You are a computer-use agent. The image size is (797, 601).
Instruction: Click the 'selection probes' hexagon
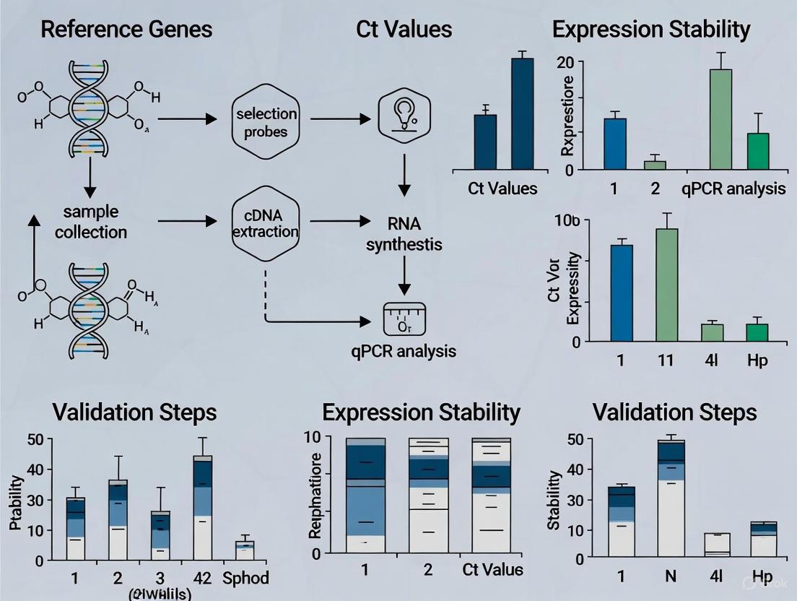(265, 122)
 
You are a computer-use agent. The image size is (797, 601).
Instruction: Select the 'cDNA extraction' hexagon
(265, 222)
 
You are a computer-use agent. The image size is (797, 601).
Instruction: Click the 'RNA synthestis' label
(404, 233)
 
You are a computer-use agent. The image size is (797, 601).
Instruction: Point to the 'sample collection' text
(90, 222)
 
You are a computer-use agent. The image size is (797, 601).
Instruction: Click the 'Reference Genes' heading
(126, 29)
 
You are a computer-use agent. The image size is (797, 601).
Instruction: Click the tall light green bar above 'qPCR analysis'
(720, 118)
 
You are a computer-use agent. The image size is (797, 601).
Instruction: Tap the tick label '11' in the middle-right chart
(666, 359)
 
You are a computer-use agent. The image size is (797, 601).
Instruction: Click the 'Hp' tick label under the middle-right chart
(757, 359)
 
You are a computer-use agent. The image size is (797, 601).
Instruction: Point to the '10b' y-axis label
(568, 221)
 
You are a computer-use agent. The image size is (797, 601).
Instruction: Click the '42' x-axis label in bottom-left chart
(203, 578)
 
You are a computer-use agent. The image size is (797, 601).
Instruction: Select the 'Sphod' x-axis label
(245, 578)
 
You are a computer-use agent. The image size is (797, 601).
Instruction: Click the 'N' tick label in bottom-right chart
(668, 577)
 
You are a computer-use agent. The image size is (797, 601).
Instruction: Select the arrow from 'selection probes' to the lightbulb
(339, 118)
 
